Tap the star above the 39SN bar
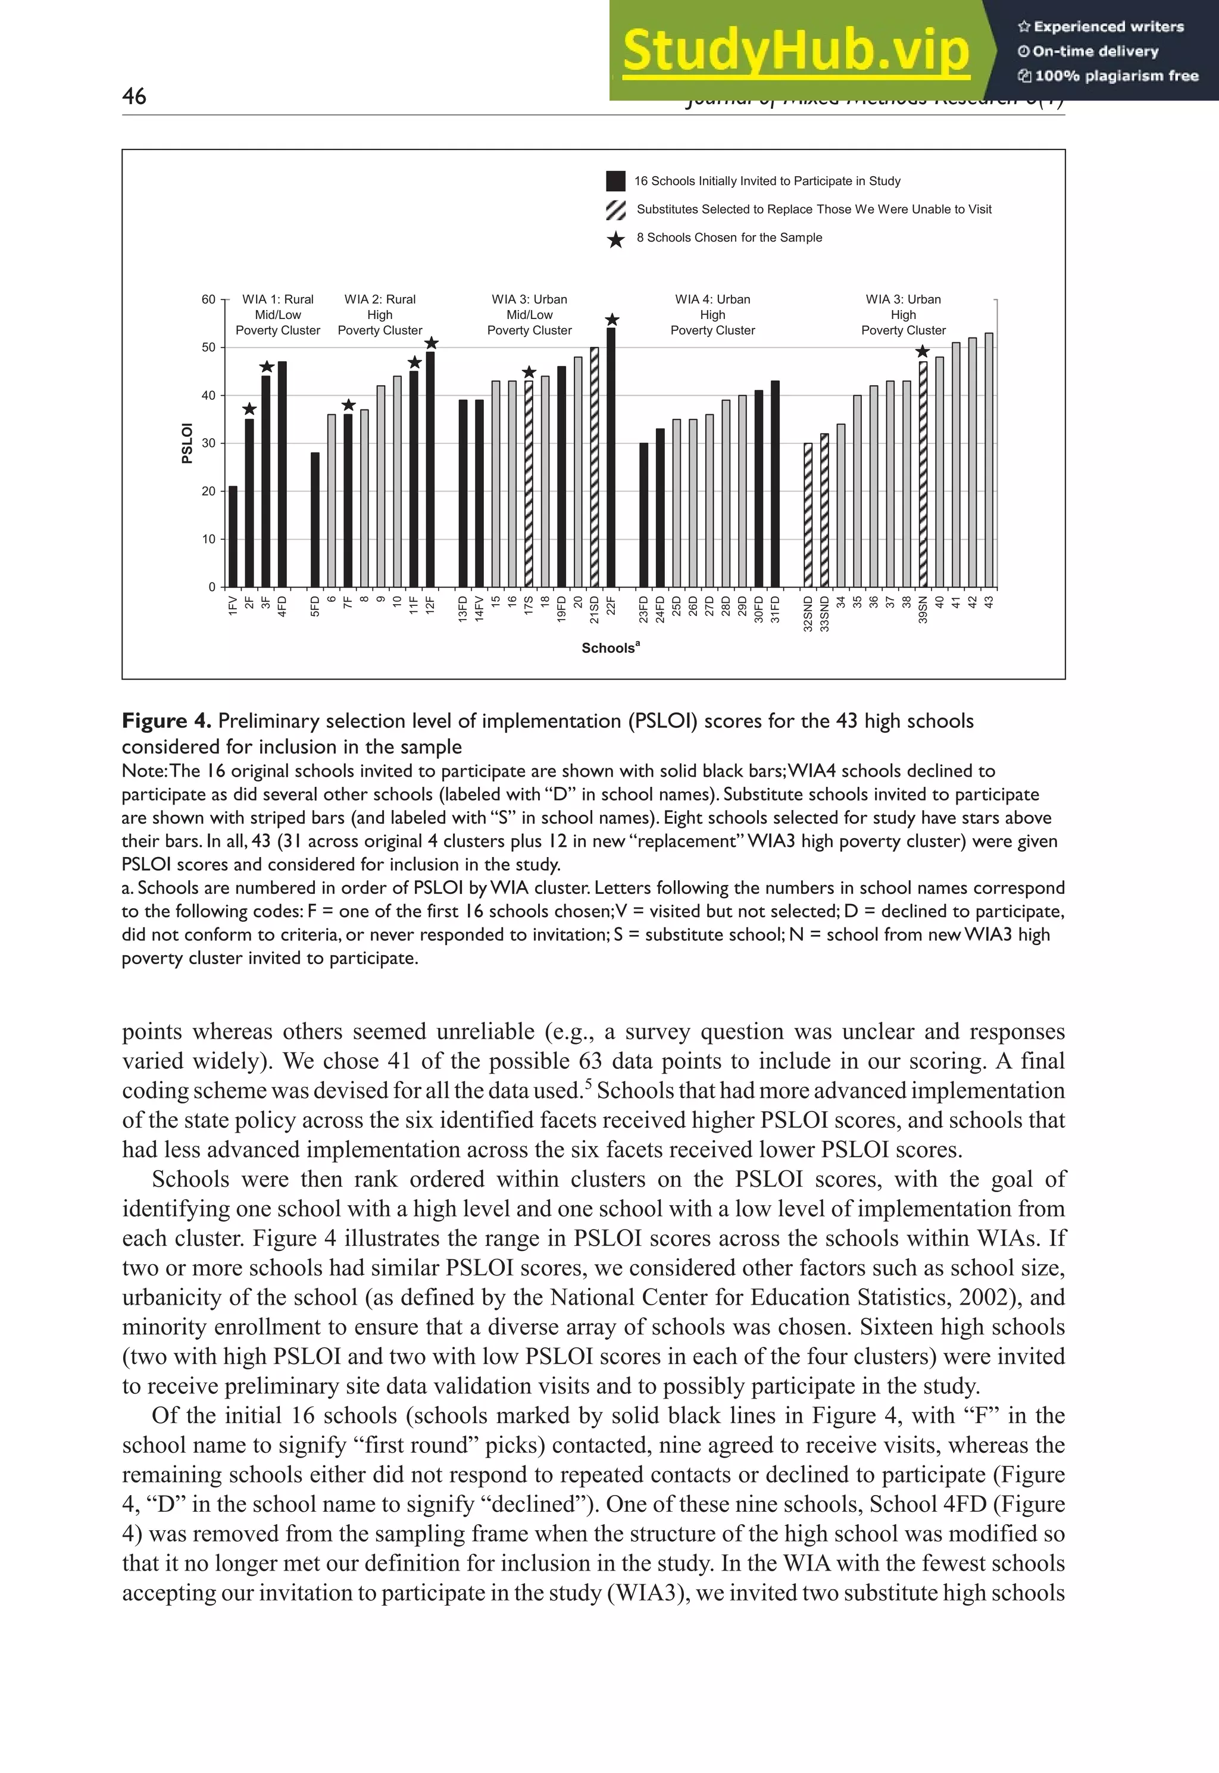click(x=923, y=351)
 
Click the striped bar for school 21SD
click(x=594, y=467)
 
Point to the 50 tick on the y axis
click(x=208, y=348)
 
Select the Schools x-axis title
click(x=610, y=648)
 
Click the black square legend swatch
click(x=615, y=181)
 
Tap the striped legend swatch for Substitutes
click(x=615, y=209)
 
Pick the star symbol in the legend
click(x=615, y=239)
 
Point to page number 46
click(x=135, y=96)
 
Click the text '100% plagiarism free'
click(x=1116, y=76)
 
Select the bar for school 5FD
click(x=315, y=519)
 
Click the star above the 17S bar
click(x=529, y=373)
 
